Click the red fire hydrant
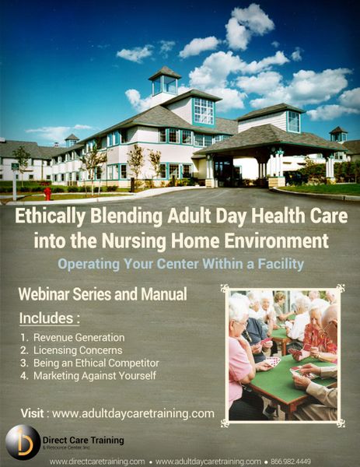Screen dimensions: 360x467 tap(47, 193)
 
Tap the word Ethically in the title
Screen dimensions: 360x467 tap(51, 216)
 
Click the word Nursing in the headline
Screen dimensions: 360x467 tap(134, 241)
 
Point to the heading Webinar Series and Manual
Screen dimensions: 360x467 tap(103, 294)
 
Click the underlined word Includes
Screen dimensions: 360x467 tap(46, 318)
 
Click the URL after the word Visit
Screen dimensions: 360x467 tap(133, 414)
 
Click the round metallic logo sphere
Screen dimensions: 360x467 tap(23, 442)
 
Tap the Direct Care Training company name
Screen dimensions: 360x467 tap(83, 441)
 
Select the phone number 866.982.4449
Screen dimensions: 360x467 tap(290, 462)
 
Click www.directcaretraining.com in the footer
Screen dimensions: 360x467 tap(98, 462)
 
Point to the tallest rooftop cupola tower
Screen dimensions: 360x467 tap(165, 82)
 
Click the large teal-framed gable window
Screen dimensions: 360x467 tap(204, 111)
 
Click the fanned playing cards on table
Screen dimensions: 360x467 tap(273, 361)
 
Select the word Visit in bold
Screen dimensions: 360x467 tap(32, 413)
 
